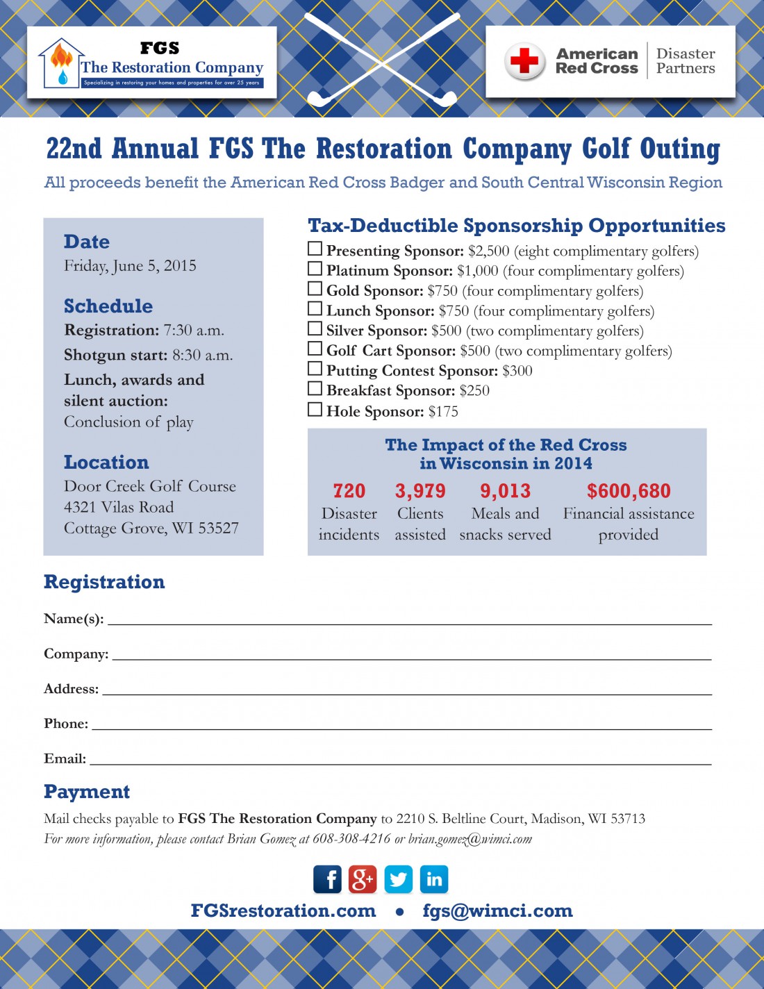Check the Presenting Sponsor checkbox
tap(315, 249)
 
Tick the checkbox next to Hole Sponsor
tap(315, 409)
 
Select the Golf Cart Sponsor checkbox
tap(315, 349)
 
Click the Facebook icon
tap(327, 879)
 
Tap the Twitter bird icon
tap(398, 879)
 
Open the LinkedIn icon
tap(434, 879)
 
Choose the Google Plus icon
tap(363, 879)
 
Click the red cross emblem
tap(524, 61)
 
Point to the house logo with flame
tap(61, 63)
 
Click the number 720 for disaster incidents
tap(349, 491)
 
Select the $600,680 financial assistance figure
tap(629, 491)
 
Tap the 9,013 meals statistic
tap(505, 491)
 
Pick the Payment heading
tap(87, 792)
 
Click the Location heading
tap(106, 463)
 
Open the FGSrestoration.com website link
tap(283, 911)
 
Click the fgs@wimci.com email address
tap(497, 911)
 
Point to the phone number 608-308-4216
tap(351, 838)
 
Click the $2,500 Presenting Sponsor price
tap(488, 251)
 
